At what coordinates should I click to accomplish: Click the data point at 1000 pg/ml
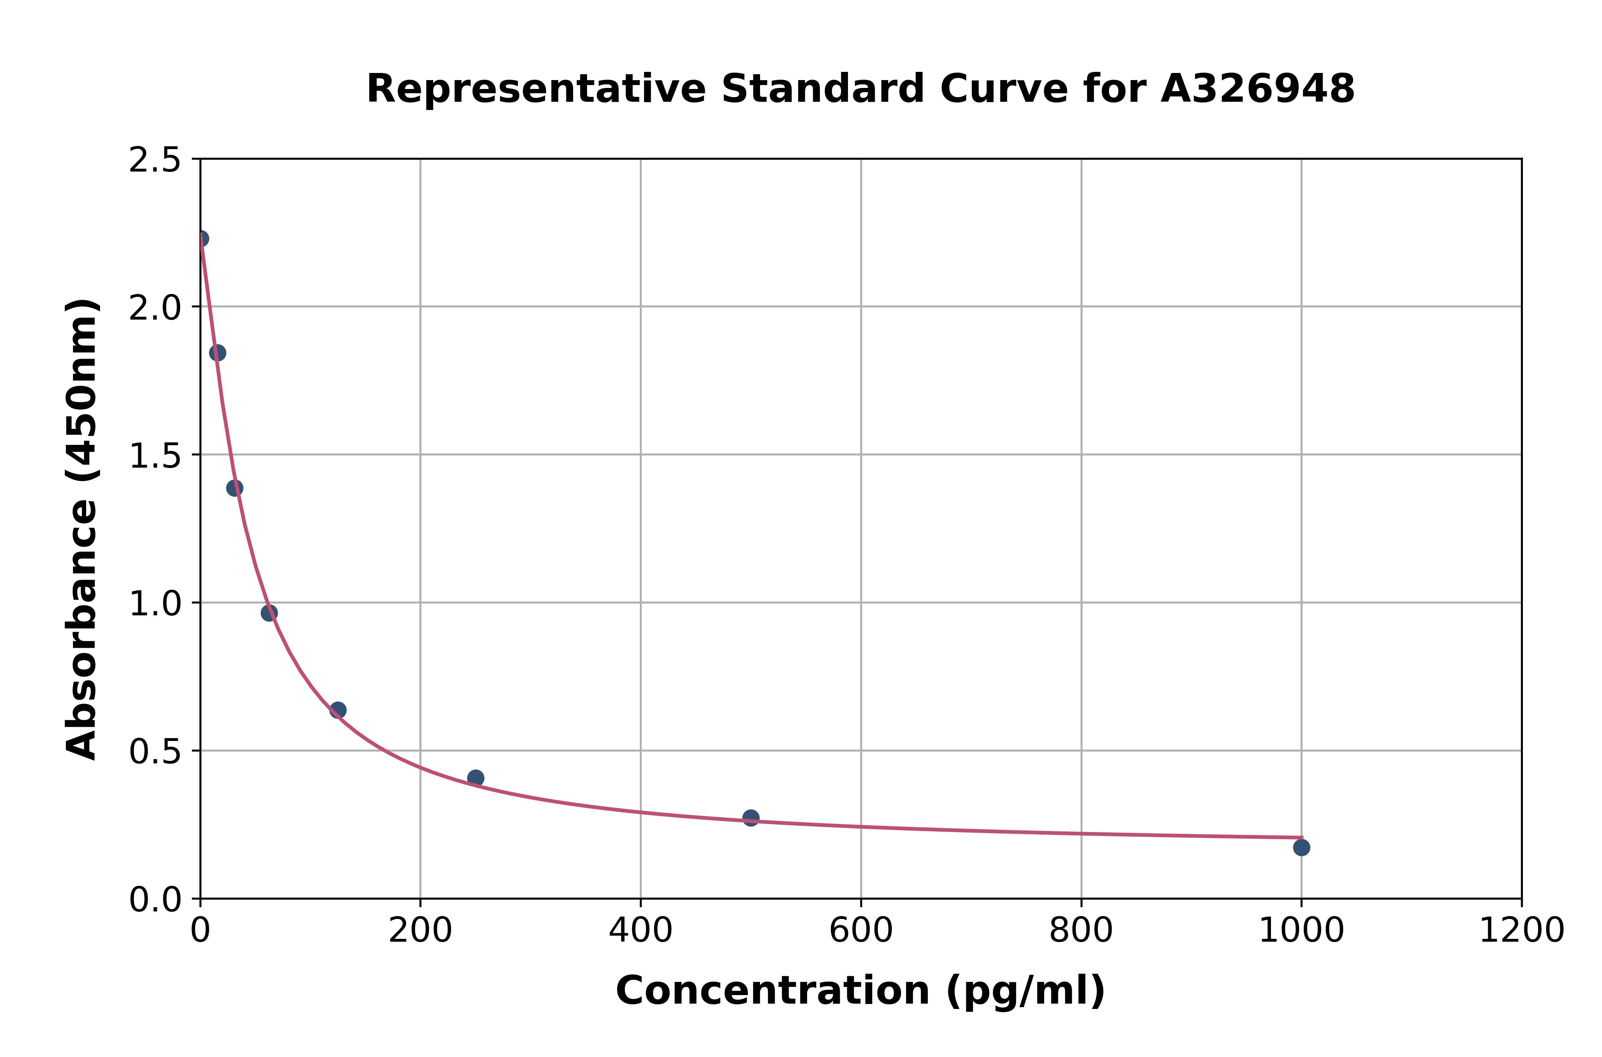click(x=1301, y=847)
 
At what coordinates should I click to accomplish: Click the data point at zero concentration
click(x=201, y=239)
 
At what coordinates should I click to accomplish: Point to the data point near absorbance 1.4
click(x=235, y=488)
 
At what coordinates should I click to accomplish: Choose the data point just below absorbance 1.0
click(x=269, y=613)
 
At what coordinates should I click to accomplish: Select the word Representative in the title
click(x=536, y=89)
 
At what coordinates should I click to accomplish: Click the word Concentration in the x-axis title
click(x=773, y=991)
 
